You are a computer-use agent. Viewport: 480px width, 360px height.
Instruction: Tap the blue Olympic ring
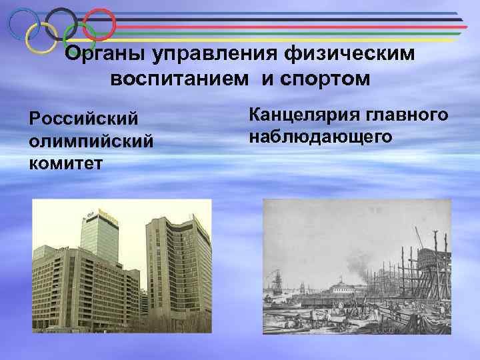[x=23, y=23]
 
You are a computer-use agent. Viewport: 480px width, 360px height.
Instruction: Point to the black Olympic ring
[x=62, y=23]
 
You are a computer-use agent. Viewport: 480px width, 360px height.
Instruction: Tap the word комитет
[x=65, y=163]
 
